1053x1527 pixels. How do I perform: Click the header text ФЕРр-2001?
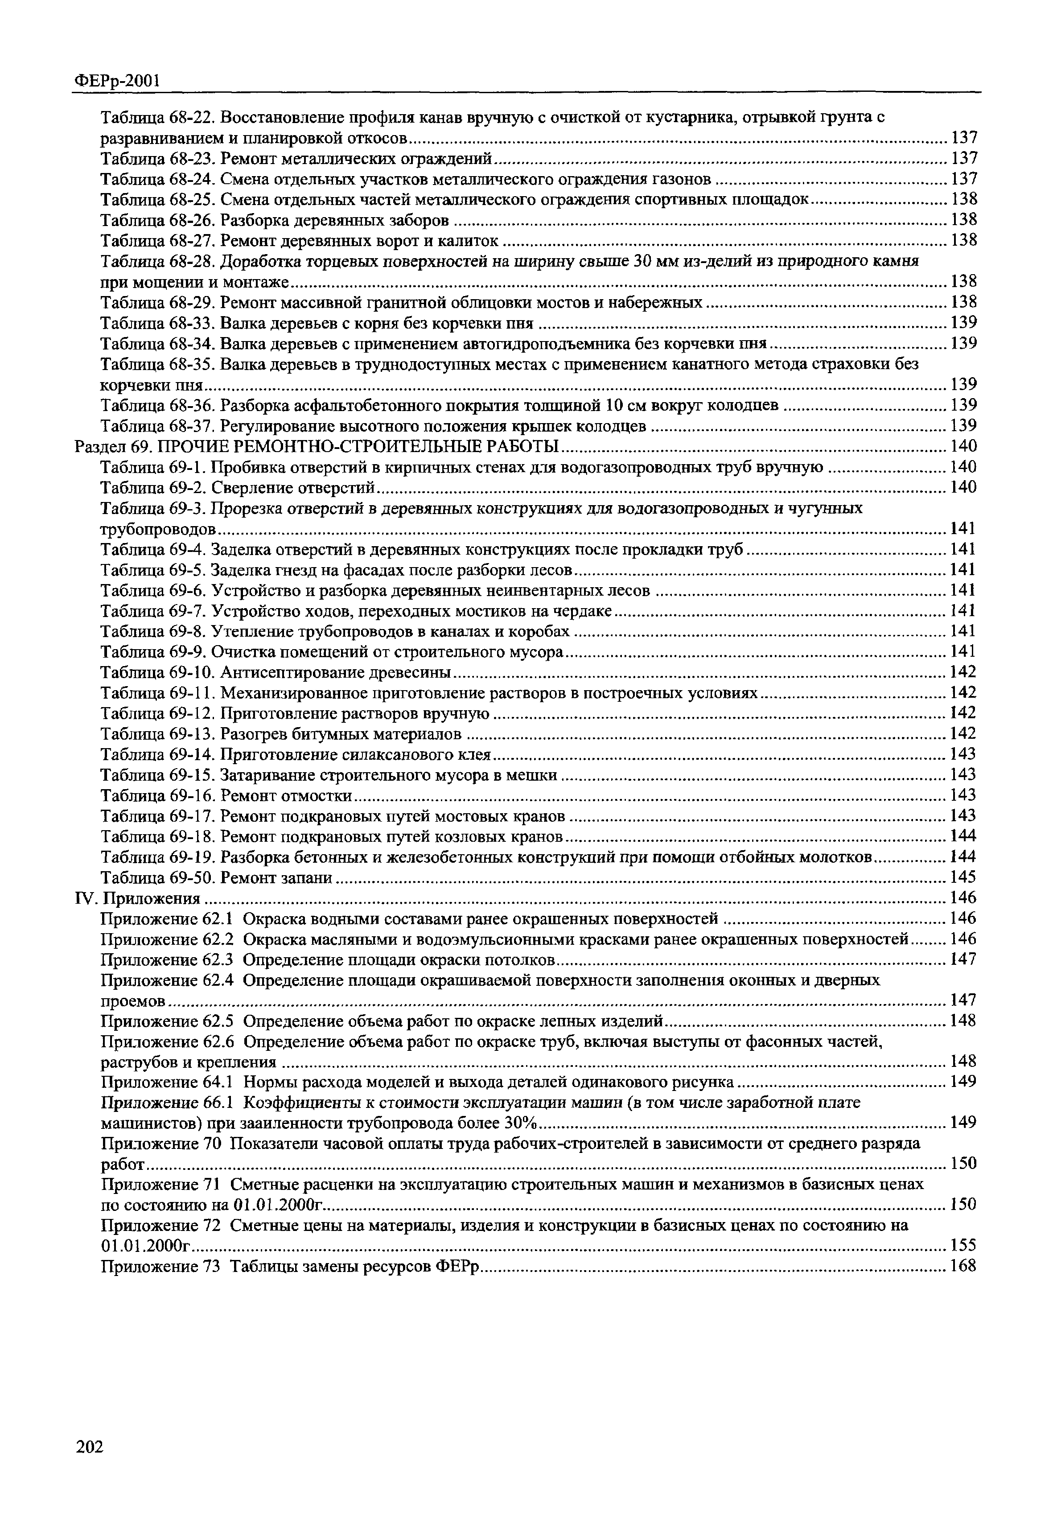click(116, 81)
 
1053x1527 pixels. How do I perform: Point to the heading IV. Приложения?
click(138, 897)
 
